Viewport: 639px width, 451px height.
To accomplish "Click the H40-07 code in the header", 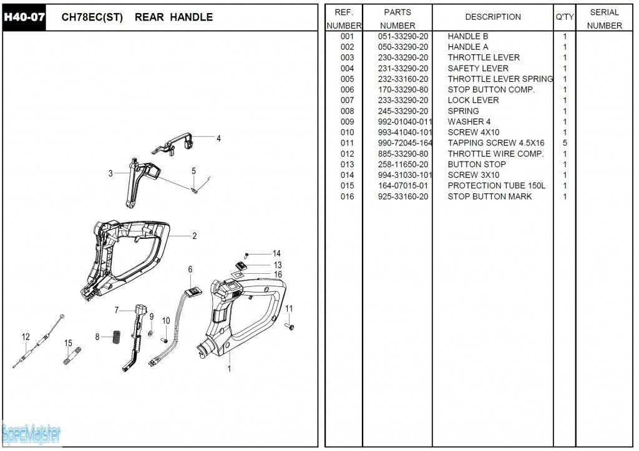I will click(x=24, y=17).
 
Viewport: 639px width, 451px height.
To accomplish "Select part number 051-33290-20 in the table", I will click(x=403, y=36).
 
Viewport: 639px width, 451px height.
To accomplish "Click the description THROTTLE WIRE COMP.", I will click(x=495, y=153).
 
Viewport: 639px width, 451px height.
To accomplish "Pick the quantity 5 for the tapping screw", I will click(x=565, y=143).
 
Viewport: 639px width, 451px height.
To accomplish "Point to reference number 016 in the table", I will click(x=347, y=196).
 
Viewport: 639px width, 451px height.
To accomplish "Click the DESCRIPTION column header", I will click(x=493, y=17).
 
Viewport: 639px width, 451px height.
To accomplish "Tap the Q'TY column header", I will click(x=565, y=17).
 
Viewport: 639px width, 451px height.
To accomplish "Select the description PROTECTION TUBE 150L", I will click(x=496, y=186).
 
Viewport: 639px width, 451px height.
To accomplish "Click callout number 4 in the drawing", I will click(x=218, y=138).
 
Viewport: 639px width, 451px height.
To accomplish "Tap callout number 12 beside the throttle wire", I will click(x=26, y=337).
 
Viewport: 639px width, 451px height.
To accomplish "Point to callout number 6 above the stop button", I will click(x=190, y=269).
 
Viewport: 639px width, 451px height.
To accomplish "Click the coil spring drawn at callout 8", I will click(x=115, y=337).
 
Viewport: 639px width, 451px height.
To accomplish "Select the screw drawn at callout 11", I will click(x=290, y=326).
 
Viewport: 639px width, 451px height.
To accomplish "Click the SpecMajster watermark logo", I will click(x=31, y=433).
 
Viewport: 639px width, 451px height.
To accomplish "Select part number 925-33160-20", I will click(x=403, y=196).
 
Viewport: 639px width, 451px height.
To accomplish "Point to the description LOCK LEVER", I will click(x=473, y=100).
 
